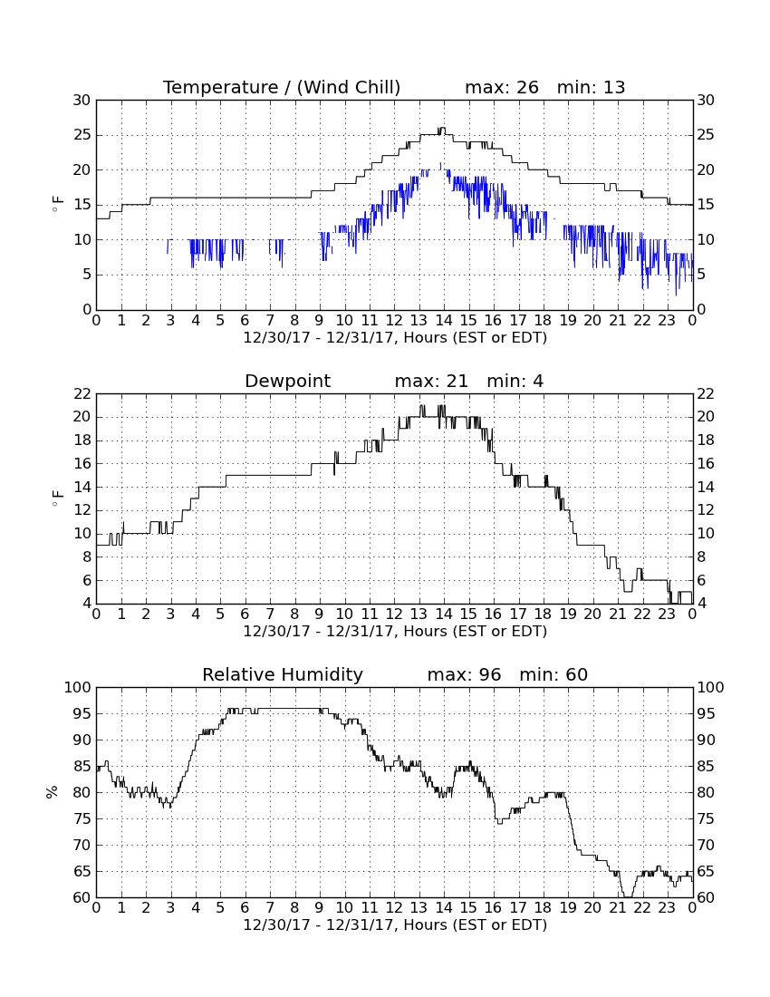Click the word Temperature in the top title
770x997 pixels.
[220, 88]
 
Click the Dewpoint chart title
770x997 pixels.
[287, 382]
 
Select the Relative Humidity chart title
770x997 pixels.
[282, 674]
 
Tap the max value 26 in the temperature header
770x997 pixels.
[527, 88]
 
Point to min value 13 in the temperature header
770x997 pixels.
[613, 88]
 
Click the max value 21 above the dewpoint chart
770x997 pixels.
[457, 382]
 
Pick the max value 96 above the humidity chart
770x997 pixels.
[490, 674]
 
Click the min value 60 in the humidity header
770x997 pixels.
[576, 674]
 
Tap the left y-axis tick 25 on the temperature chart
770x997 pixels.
[82, 135]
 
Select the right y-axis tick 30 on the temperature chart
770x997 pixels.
[706, 100]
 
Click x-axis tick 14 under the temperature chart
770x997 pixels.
[444, 321]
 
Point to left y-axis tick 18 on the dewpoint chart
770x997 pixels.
[82, 440]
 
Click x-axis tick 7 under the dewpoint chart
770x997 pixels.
[270, 615]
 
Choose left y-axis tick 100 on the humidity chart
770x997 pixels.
[78, 687]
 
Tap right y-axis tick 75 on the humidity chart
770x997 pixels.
[706, 819]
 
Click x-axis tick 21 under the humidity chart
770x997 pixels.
[618, 908]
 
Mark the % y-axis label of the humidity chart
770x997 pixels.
[52, 792]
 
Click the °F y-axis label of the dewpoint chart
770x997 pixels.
[57, 498]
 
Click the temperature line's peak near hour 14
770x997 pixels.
[441, 129]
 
